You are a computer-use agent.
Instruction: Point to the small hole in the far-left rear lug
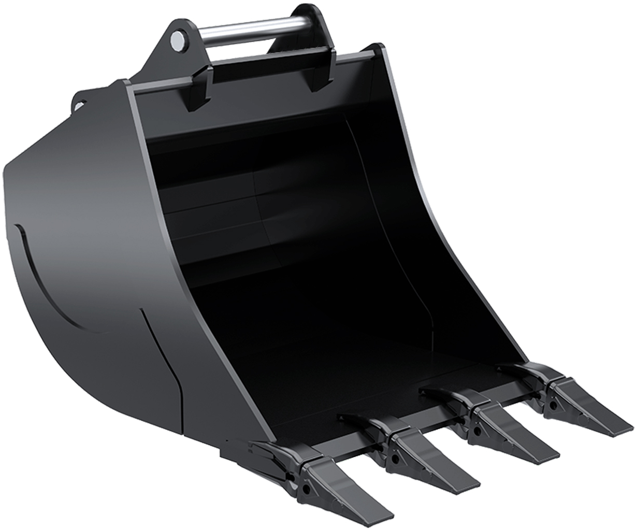pyautogui.click(x=79, y=105)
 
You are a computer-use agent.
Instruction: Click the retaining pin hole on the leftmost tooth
pyautogui.click(x=307, y=488)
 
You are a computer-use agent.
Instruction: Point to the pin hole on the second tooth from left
pyautogui.click(x=395, y=459)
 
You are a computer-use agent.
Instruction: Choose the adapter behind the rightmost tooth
pyautogui.click(x=528, y=375)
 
